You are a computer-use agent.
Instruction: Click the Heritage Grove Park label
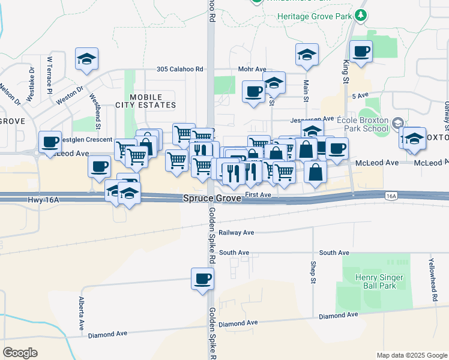(315, 16)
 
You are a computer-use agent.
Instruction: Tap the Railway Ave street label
(237, 233)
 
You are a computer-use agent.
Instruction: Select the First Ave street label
(259, 195)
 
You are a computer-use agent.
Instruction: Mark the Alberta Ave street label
(81, 313)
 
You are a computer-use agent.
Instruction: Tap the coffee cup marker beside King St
(360, 52)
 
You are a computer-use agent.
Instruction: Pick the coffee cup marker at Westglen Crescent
(50, 142)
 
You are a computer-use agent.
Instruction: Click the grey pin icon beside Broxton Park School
(396, 124)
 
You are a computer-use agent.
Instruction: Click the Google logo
(20, 353)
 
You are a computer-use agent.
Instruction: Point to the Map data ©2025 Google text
(411, 355)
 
